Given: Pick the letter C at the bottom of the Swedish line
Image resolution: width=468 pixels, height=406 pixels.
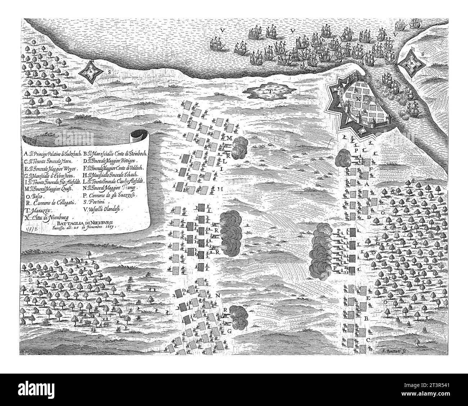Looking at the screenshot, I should pyautogui.click(x=369, y=340).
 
